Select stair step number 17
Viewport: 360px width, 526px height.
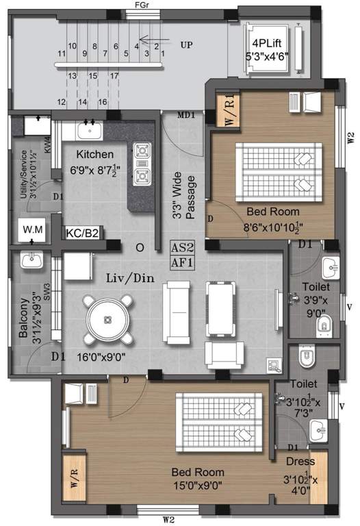(114, 75)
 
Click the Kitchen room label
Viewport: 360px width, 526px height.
(95, 153)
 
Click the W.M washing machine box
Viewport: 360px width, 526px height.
(32, 229)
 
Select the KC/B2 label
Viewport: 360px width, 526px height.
(83, 233)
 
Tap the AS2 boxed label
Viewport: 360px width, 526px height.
(183, 247)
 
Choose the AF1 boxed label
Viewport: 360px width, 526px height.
(183, 262)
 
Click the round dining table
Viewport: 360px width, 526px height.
(107, 320)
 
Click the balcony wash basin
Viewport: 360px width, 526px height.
(29, 260)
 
